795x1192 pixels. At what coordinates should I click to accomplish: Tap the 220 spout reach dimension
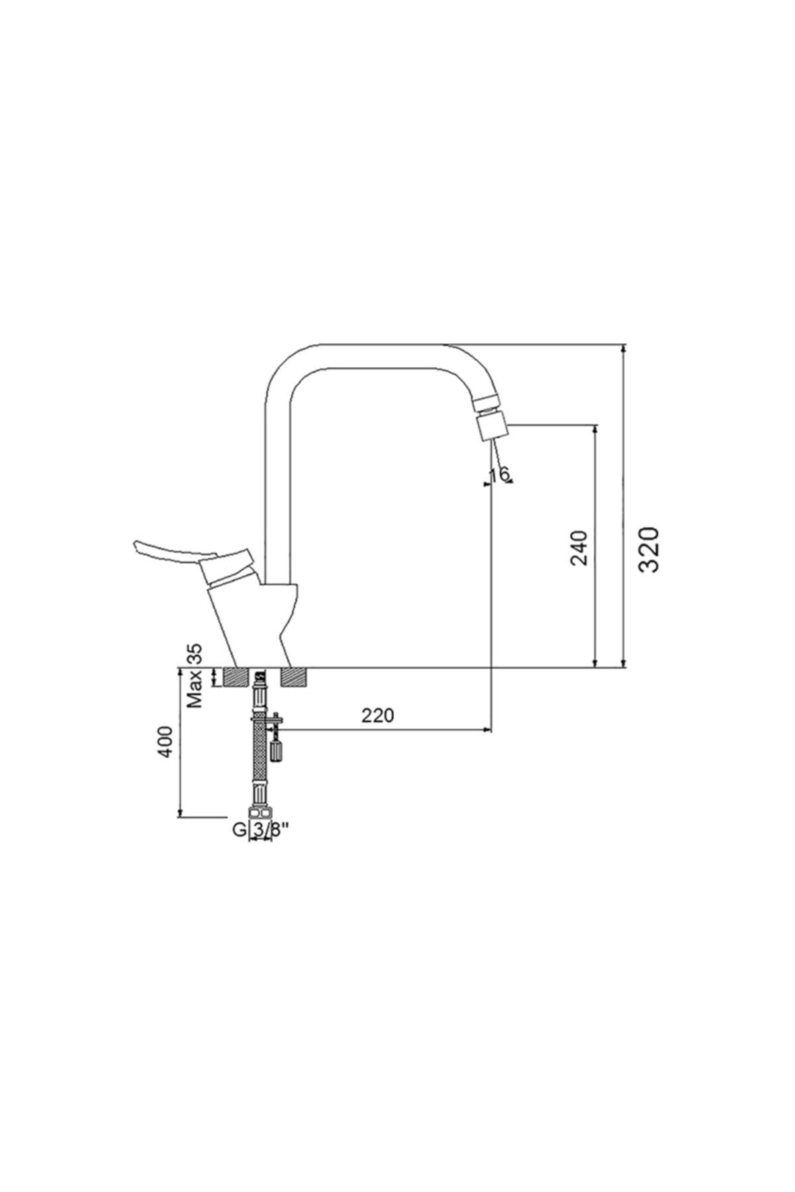coord(378,715)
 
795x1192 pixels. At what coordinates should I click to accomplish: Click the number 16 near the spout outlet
coord(499,474)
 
